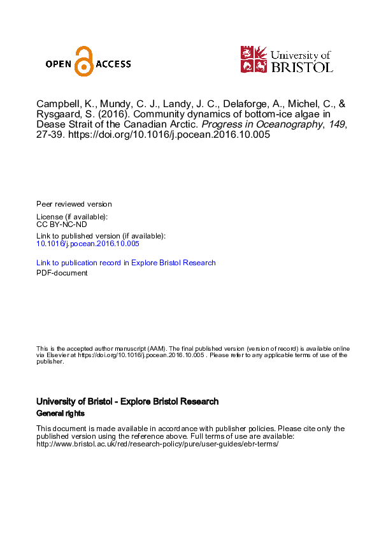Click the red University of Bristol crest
[253, 59]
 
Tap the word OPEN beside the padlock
[60, 64]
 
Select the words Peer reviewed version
[74, 204]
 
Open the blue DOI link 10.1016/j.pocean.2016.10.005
[88, 244]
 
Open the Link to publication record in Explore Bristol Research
[126, 263]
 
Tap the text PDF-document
[62, 273]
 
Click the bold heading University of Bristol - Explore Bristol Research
[127, 402]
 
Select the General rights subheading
[61, 414]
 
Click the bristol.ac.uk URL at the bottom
[158, 444]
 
